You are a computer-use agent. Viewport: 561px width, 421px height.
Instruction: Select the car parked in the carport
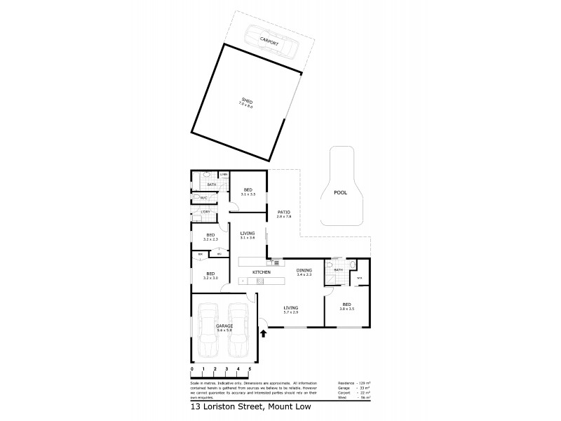coord(270,43)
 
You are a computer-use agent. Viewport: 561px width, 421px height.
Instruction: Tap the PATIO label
coord(284,212)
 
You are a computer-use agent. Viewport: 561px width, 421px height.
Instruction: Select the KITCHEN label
coord(262,272)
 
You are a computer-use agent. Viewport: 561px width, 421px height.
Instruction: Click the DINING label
coord(304,270)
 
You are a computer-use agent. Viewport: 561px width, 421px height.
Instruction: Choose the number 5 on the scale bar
coord(250,368)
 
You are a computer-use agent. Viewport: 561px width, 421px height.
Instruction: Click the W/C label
coord(203,198)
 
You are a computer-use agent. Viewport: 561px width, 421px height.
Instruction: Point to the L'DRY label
coord(205,211)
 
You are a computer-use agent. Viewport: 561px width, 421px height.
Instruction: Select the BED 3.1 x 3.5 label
coord(248,191)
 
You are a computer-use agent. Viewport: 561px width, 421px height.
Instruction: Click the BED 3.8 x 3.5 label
coord(346,305)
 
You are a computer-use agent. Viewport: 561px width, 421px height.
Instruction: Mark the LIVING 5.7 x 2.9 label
coord(290,308)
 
